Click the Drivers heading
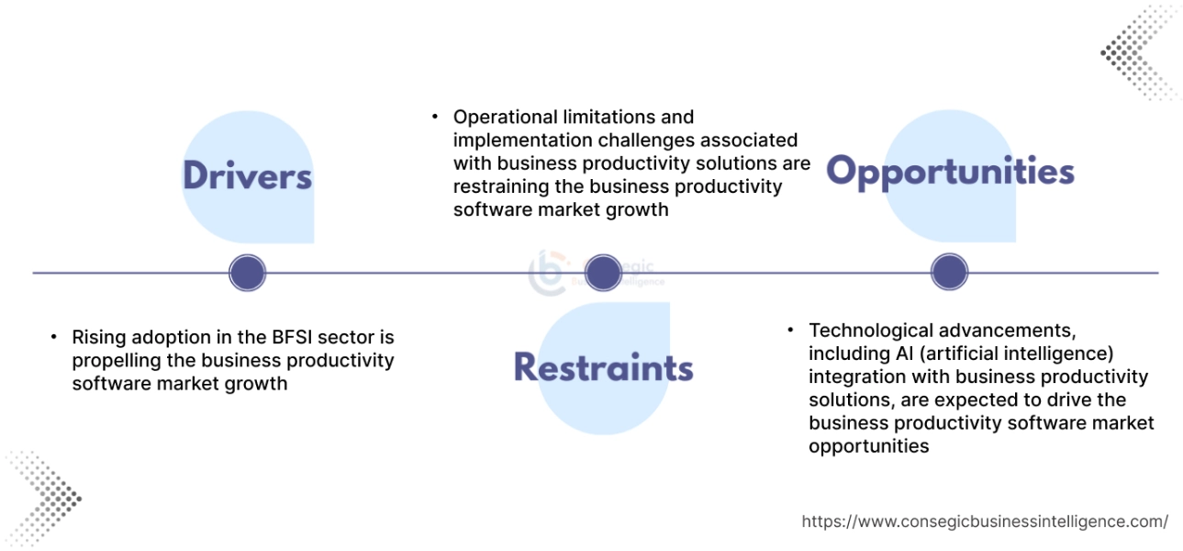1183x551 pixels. click(x=247, y=175)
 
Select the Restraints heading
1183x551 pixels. click(x=603, y=366)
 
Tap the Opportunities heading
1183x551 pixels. click(x=950, y=172)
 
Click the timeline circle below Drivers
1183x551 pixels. click(x=247, y=273)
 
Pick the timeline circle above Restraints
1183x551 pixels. click(x=603, y=273)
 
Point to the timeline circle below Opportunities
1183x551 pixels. click(x=950, y=273)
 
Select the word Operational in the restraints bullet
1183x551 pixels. click(x=506, y=117)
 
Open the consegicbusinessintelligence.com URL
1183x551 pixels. click(x=985, y=522)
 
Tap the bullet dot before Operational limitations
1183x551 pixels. click(x=435, y=117)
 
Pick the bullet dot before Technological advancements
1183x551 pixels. click(x=790, y=330)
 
